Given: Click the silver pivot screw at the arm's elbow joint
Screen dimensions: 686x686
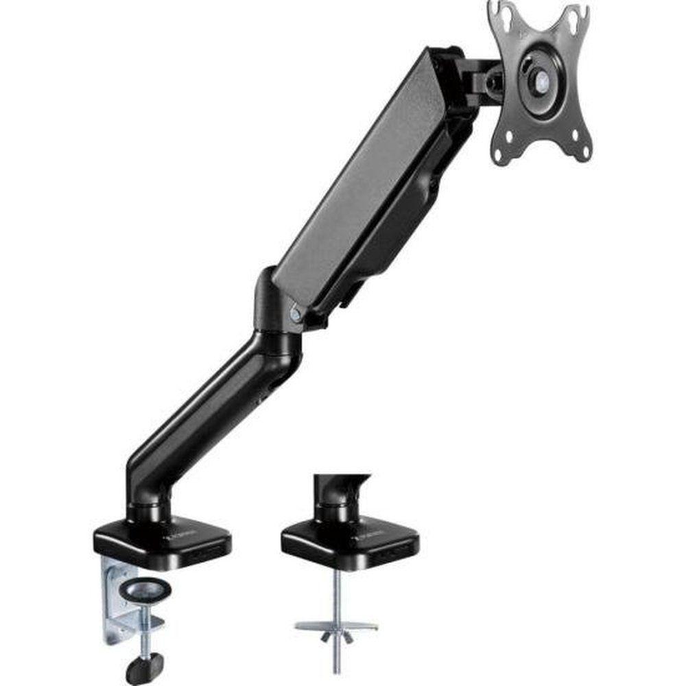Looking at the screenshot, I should click(296, 314).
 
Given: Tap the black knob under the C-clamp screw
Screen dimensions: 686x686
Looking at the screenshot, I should click(145, 665).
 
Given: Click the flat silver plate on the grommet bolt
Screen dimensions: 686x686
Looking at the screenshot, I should click(336, 625).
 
